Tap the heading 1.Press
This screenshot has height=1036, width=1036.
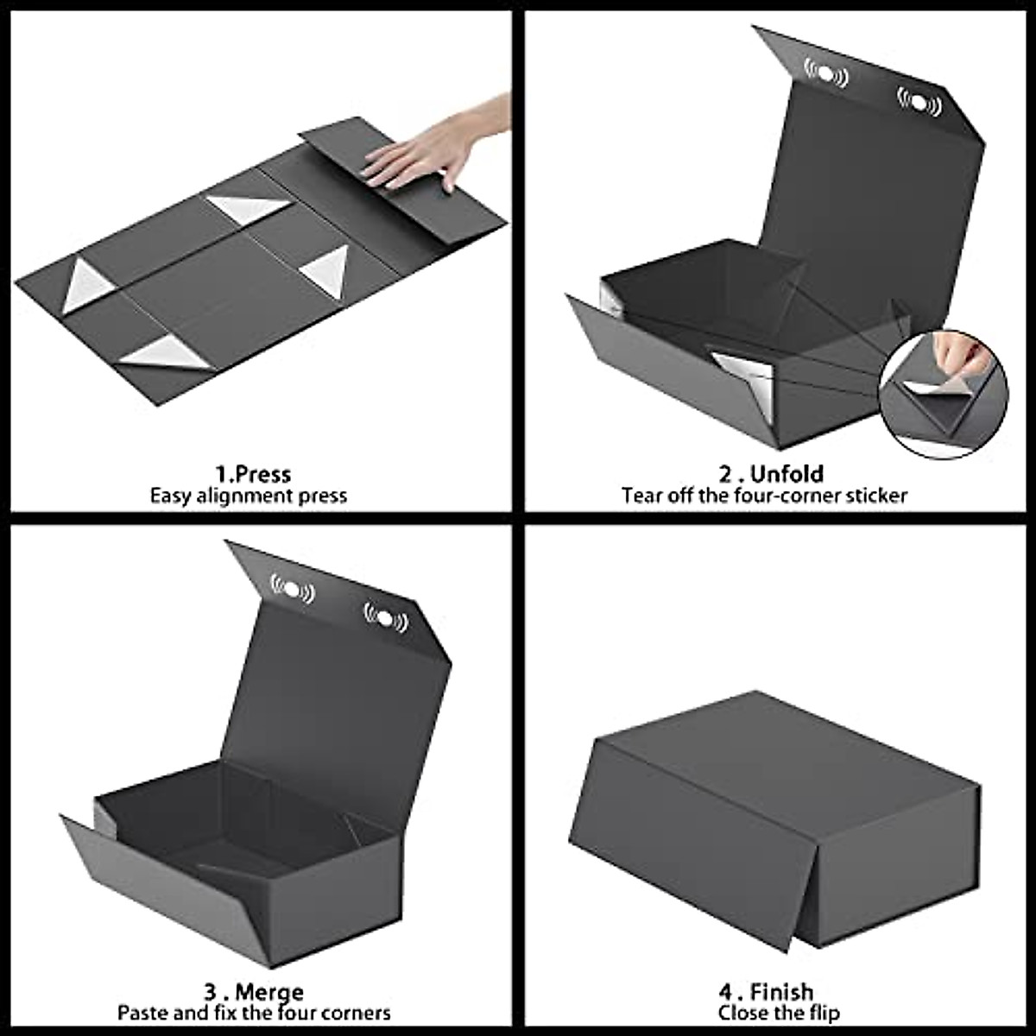tap(253, 474)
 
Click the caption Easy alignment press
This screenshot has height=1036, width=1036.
tap(249, 496)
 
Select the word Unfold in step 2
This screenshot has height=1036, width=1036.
tap(786, 474)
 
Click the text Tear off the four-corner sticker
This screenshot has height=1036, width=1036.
tap(764, 496)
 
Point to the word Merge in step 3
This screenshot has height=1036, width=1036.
tap(268, 991)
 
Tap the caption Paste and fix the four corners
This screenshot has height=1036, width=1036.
tap(254, 1012)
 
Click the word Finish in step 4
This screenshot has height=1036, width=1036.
tap(781, 991)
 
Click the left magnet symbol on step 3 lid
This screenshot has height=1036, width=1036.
tap(294, 590)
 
